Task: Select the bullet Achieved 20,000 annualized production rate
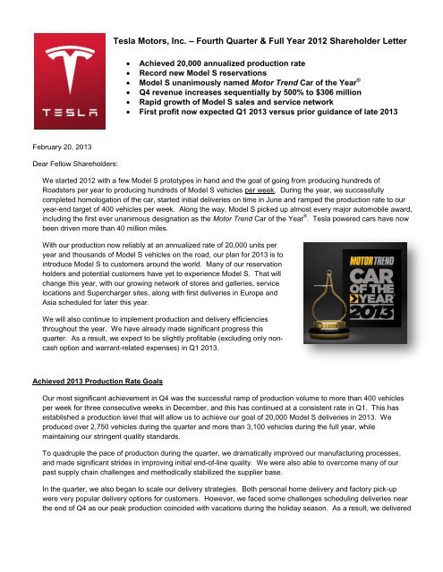pos(228,66)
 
